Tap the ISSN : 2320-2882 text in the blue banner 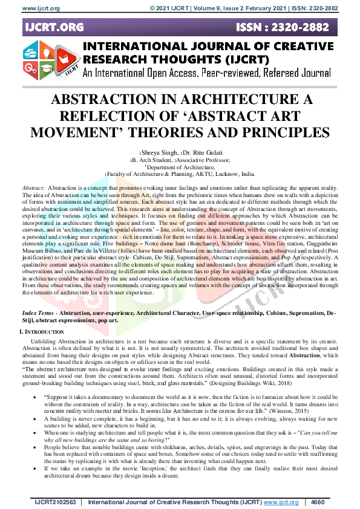pos(290,27)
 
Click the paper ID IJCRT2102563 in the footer pos(55,501)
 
